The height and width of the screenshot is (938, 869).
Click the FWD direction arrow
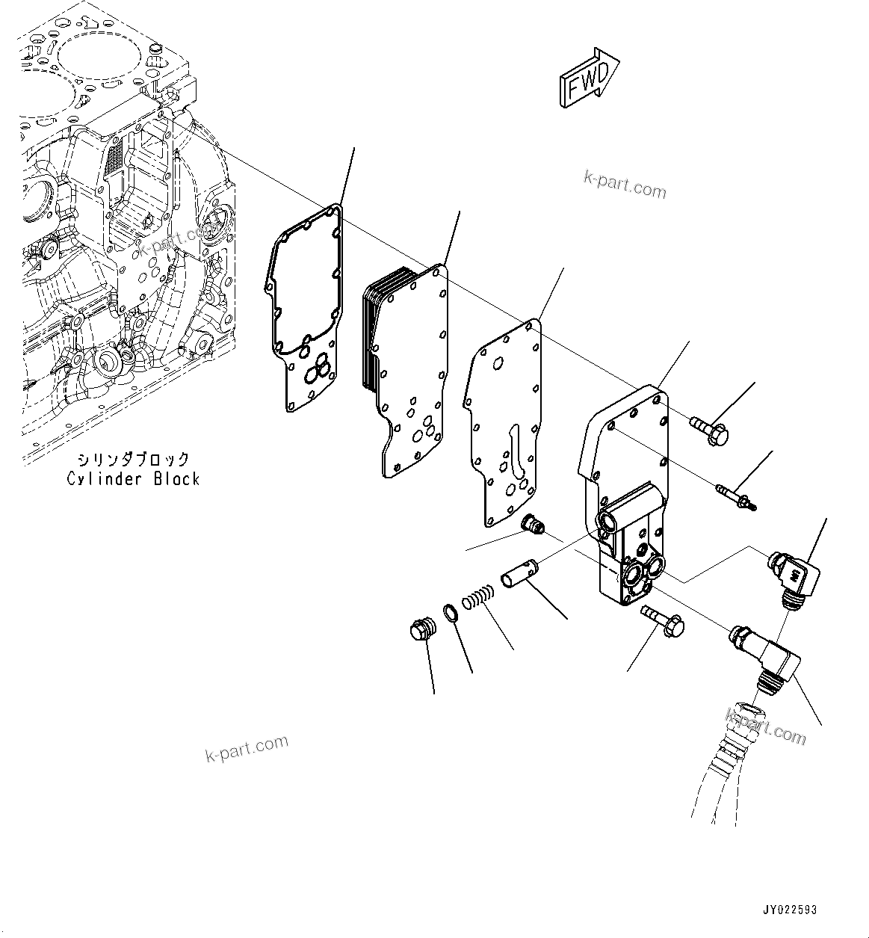588,79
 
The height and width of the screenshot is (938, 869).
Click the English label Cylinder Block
133,479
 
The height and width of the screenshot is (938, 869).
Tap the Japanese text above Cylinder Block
134,460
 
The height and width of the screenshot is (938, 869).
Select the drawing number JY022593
790,910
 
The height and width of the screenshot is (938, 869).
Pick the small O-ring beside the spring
451,613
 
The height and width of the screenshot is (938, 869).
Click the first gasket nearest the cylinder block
305,306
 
